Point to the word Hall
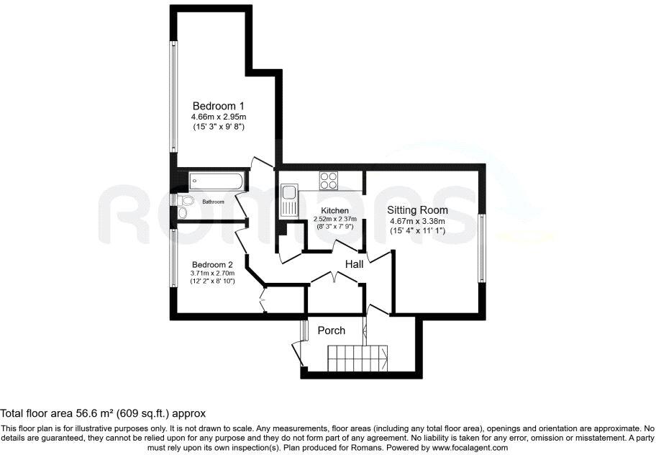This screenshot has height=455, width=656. click(x=354, y=264)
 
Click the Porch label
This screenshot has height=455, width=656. click(x=332, y=330)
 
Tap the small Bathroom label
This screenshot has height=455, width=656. click(x=213, y=202)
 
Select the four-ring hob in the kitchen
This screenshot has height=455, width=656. click(x=329, y=180)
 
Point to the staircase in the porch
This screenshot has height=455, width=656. click(x=357, y=354)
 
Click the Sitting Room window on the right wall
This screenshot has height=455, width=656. click(x=481, y=247)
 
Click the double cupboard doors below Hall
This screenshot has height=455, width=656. click(x=334, y=277)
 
